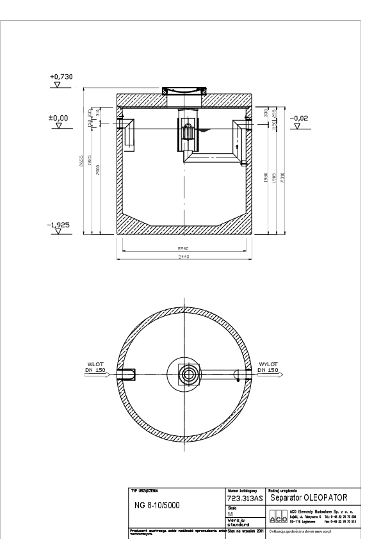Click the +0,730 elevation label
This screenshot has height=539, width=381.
tap(61, 77)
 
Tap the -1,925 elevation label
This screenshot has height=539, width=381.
tap(59, 226)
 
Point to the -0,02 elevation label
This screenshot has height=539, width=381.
tap(298, 118)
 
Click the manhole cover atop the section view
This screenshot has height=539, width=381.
tap(184, 91)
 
